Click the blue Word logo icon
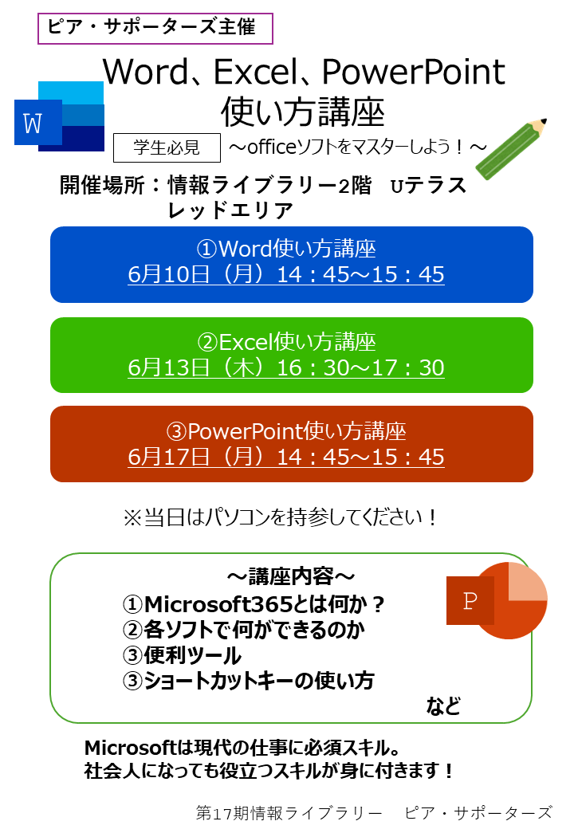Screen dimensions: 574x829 coord(59,117)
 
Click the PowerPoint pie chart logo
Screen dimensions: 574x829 coord(497,600)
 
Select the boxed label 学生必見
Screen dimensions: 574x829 coord(167,147)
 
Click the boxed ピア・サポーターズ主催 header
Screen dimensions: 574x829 coord(155,28)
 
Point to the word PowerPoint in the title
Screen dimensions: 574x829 coord(413,72)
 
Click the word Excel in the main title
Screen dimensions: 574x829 coord(253,72)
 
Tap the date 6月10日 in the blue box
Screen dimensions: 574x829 coord(168,274)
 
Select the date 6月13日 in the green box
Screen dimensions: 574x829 coord(168,367)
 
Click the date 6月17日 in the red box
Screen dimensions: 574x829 coord(168,457)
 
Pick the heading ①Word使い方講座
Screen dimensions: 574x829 coord(286,249)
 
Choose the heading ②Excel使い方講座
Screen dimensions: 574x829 coord(286,342)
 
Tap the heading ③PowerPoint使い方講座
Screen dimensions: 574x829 coord(286,431)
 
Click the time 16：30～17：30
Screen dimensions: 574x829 coord(360,367)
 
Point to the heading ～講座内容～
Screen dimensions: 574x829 coord(291,576)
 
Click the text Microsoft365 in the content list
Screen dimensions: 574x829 coord(218,603)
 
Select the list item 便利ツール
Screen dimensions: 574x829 coord(192,655)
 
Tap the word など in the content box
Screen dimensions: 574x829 coord(443,705)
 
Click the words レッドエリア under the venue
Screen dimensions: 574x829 coord(230,210)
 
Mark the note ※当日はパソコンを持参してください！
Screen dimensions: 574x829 coord(281,517)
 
